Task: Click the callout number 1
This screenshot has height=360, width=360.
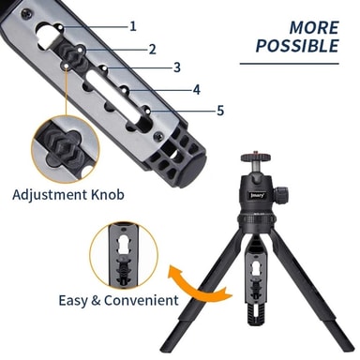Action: [x=133, y=26]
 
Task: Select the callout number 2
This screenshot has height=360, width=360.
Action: [x=152, y=50]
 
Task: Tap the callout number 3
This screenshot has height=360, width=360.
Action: [x=177, y=67]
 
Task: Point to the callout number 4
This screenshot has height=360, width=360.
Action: [x=196, y=90]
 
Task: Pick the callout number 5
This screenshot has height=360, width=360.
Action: [x=220, y=111]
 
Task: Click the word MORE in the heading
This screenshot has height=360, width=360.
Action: [x=314, y=28]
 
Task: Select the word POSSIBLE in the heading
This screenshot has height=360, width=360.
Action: [x=297, y=46]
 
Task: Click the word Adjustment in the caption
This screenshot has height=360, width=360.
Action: [x=50, y=195]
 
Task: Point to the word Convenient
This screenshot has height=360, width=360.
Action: [x=142, y=300]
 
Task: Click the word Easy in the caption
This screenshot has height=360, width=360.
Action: [x=73, y=301]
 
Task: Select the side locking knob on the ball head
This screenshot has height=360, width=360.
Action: [x=281, y=194]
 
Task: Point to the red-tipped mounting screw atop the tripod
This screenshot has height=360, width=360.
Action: [x=256, y=153]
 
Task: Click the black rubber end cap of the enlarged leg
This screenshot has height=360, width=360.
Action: [x=191, y=171]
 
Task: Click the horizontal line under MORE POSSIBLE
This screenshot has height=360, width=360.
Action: [x=290, y=64]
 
